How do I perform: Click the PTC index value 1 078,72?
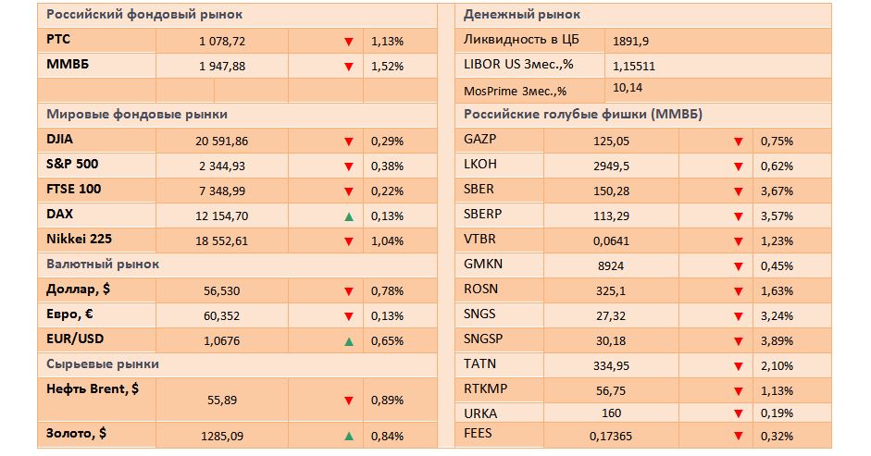click(222, 42)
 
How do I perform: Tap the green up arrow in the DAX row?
click(348, 216)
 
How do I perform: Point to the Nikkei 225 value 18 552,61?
click(222, 240)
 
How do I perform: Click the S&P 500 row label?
click(73, 164)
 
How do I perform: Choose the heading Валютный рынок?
click(103, 264)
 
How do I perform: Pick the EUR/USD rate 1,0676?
click(222, 341)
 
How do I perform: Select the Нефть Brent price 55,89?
click(222, 400)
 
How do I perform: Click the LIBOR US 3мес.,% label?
click(518, 65)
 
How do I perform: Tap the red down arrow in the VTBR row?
click(738, 241)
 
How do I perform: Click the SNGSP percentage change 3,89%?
click(777, 339)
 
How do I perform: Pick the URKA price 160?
click(611, 413)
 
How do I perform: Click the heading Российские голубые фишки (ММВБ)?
click(569, 114)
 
